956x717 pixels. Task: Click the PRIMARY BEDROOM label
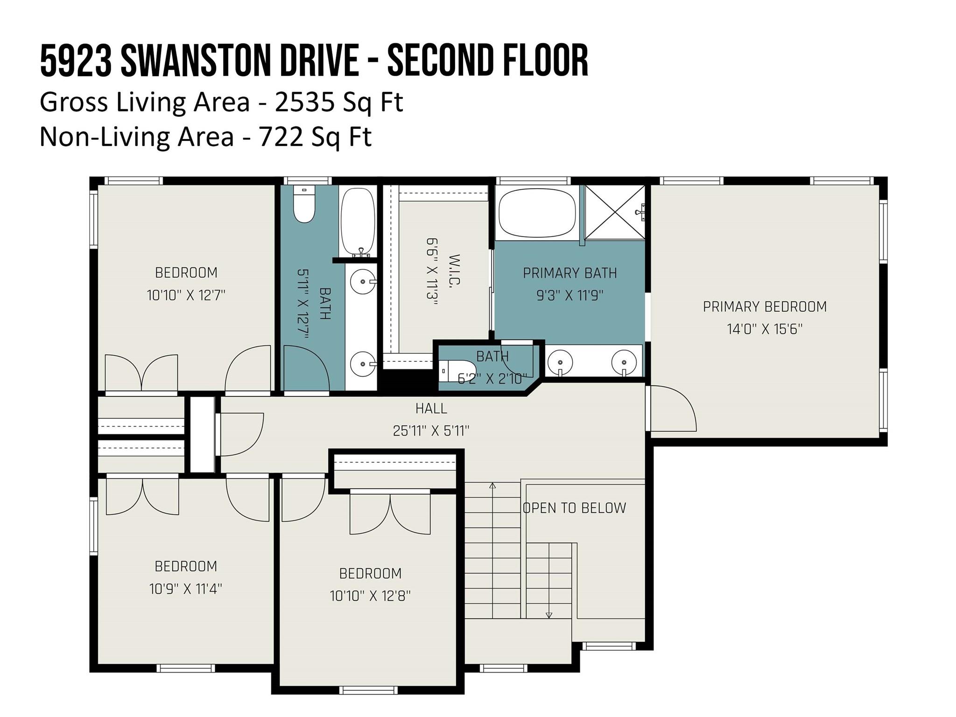click(765, 307)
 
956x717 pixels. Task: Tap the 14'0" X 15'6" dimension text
click(765, 330)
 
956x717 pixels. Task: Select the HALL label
click(431, 408)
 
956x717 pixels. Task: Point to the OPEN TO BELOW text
click(574, 508)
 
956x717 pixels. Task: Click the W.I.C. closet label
click(454, 271)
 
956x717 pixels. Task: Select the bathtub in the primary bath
click(537, 212)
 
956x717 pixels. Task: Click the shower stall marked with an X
click(615, 212)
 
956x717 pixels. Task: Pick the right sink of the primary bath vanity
click(624, 361)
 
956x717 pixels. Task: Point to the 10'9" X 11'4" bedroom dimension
click(185, 589)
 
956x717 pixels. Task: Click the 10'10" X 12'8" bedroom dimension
click(370, 596)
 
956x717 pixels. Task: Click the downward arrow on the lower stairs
click(549, 615)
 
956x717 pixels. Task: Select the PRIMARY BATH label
click(569, 273)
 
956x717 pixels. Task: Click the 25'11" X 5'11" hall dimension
click(431, 431)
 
